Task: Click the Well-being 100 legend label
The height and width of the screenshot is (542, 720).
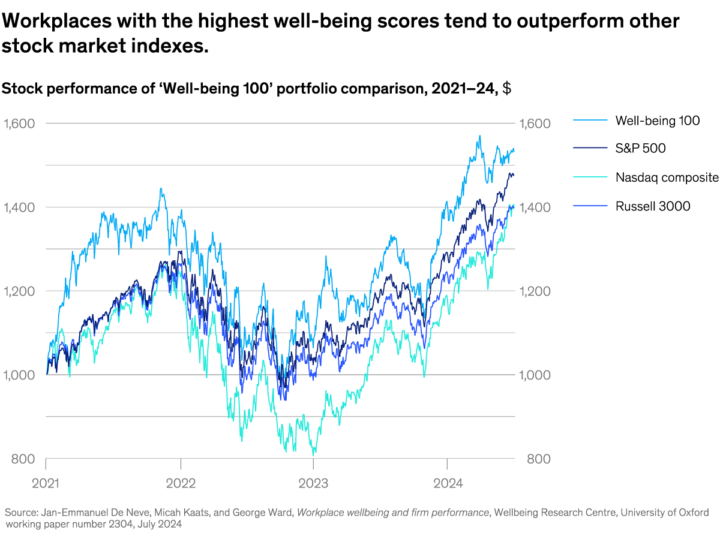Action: tap(657, 121)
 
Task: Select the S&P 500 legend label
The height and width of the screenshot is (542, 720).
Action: tap(640, 149)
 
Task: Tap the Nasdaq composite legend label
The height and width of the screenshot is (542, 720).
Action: tap(667, 177)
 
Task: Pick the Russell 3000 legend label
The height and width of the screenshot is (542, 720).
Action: tap(652, 206)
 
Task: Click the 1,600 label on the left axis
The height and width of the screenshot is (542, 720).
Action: tap(19, 124)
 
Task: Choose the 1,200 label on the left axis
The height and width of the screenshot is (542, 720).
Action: tap(19, 291)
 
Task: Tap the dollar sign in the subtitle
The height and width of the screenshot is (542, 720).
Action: tap(506, 89)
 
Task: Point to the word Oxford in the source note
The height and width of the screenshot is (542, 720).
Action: tap(692, 513)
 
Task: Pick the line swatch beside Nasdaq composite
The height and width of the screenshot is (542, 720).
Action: tap(589, 177)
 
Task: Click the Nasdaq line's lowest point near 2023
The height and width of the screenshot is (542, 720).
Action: tap(314, 455)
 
